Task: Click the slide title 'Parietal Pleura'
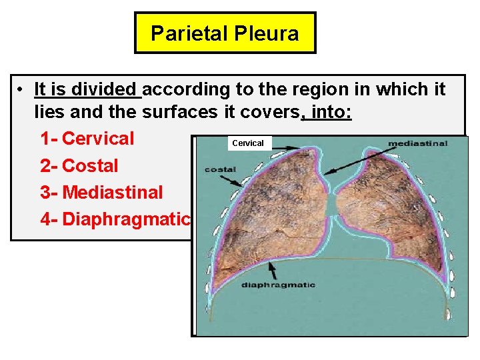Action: tap(225, 33)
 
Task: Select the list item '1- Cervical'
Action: tap(87, 139)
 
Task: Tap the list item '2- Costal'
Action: tap(79, 165)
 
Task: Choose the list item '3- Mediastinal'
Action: tap(101, 192)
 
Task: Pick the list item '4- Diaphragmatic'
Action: tap(115, 219)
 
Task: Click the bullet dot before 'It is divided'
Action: tap(22, 90)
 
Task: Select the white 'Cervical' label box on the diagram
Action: tap(248, 143)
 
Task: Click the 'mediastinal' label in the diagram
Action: tap(417, 143)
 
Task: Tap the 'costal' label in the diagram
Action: tap(220, 169)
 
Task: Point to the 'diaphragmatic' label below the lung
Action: tap(278, 285)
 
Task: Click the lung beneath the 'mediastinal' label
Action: tap(383, 207)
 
